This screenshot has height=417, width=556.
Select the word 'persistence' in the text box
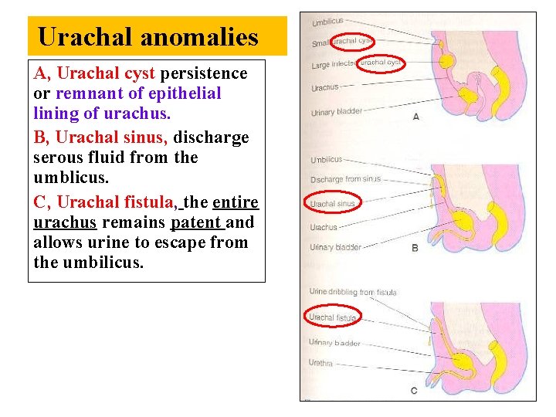204,73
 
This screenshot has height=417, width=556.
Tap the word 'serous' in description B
58,158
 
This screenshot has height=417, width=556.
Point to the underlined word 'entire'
236,202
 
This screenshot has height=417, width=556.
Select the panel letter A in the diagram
416,117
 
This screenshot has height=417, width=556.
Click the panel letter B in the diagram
415,248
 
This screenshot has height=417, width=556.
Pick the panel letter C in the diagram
414,391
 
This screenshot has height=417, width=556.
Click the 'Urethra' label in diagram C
321,363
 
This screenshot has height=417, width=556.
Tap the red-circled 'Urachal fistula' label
333,317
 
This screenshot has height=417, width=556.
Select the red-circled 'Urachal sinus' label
333,204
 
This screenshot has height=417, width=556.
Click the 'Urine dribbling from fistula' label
352,292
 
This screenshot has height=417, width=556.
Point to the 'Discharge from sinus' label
345,179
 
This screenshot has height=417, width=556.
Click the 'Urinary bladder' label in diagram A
337,112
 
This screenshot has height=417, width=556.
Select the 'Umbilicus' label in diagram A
327,21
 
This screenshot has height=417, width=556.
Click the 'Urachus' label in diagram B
324,228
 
